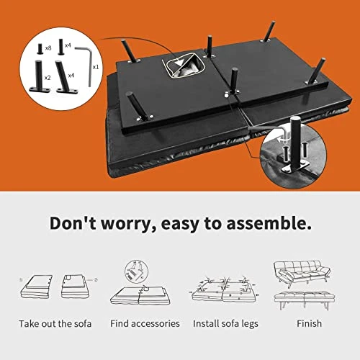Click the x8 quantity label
[x=48, y=48]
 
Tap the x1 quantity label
[x=96, y=67]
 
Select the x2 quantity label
[x=48, y=78]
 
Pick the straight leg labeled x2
[x=40, y=76]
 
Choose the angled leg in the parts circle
[x=64, y=78]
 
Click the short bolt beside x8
[x=40, y=49]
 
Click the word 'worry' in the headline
[x=127, y=224]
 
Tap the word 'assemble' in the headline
[x=269, y=223]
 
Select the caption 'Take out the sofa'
[x=55, y=324]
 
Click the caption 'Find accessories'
[x=145, y=323]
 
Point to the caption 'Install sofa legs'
[x=225, y=324]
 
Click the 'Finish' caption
[x=309, y=323]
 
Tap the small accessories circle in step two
[x=136, y=271]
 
